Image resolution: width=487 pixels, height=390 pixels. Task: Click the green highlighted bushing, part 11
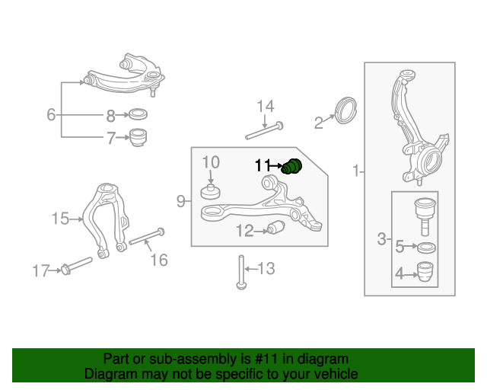[291, 166]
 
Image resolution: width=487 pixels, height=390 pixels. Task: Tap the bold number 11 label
[262, 165]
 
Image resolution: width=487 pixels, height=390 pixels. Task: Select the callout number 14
[266, 107]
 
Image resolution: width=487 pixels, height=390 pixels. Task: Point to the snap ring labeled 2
[346, 110]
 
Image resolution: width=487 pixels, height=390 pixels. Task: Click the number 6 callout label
[51, 114]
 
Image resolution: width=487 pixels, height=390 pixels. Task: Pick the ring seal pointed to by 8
[138, 114]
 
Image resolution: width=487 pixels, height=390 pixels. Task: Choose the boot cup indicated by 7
[138, 137]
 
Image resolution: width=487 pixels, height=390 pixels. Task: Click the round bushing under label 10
[211, 192]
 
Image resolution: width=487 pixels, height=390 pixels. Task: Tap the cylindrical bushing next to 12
[276, 228]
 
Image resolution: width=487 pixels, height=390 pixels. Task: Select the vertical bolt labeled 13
[241, 272]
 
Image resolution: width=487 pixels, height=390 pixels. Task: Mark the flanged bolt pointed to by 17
[77, 265]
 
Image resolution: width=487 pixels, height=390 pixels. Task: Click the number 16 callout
[159, 260]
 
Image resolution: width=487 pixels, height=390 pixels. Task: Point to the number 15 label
[60, 219]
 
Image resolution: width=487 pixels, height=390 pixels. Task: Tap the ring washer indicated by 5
[426, 248]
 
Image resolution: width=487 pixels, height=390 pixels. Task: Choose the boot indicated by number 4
[425, 271]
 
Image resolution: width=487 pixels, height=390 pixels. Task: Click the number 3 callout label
[381, 239]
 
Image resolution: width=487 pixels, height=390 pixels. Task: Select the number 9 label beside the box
[181, 201]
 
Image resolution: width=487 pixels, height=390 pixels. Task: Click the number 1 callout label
[356, 171]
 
